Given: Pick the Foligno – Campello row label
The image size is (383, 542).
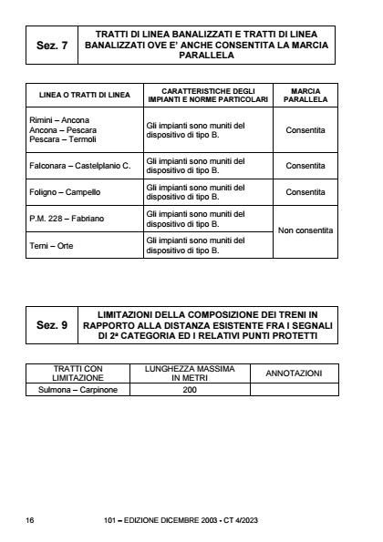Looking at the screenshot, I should tap(63, 192).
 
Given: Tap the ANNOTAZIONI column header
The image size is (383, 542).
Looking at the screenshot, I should tap(293, 374).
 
